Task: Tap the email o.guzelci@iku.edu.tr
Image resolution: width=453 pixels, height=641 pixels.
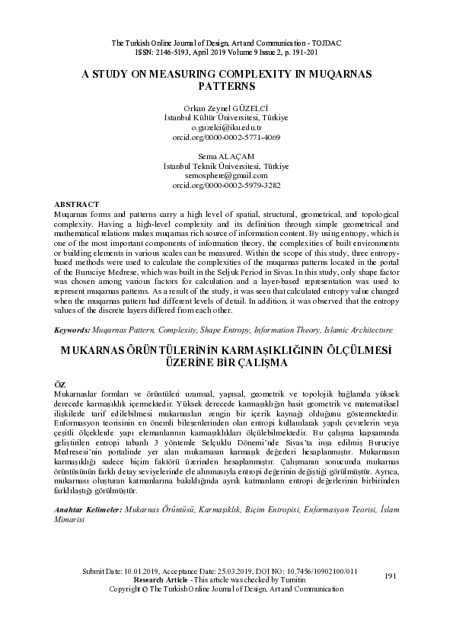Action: (x=225, y=128)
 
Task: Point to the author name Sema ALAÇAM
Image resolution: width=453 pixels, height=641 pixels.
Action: (x=225, y=156)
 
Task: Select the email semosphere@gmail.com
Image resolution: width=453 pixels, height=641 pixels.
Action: (x=225, y=175)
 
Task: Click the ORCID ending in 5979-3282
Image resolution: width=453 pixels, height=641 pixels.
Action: (x=225, y=184)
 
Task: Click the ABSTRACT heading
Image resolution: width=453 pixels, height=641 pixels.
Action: (x=77, y=204)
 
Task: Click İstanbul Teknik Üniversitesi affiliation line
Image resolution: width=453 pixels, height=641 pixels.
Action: (x=225, y=165)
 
